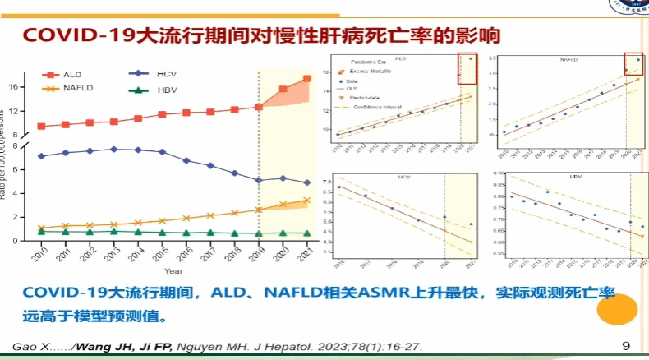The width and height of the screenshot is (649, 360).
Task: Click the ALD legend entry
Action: (59, 75)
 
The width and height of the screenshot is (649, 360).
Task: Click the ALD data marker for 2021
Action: (306, 79)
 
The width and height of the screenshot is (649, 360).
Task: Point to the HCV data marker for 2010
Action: (41, 156)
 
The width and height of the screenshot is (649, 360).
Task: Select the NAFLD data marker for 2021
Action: (306, 200)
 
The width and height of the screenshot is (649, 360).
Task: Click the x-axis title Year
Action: (173, 270)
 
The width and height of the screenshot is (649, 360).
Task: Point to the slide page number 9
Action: (626, 346)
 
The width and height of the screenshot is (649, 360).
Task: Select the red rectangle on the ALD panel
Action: (467, 67)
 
